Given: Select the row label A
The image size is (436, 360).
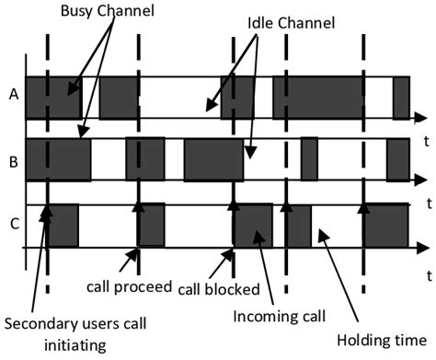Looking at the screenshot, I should tap(12, 93).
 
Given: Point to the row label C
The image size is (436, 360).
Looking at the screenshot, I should tap(12, 221).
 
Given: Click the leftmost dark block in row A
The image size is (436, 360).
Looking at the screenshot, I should tap(52, 97).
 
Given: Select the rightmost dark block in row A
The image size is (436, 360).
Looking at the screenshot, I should tap(400, 97).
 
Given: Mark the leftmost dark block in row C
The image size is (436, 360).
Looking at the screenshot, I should tap(61, 226).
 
